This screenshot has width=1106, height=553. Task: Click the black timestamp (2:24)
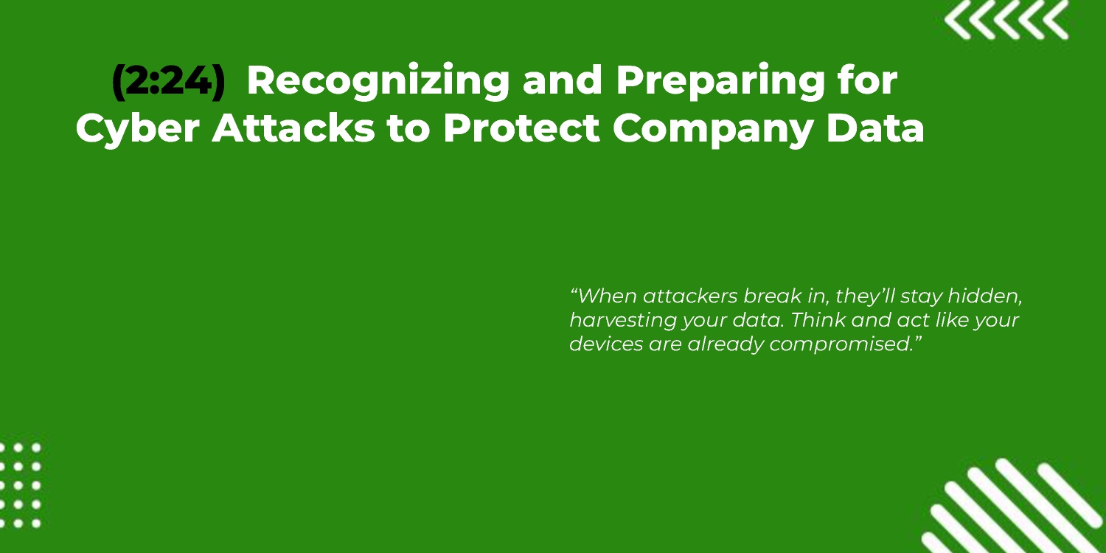[168, 81]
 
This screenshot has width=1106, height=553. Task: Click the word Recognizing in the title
[378, 82]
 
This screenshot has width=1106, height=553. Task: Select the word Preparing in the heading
[720, 82]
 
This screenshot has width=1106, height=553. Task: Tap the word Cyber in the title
[138, 129]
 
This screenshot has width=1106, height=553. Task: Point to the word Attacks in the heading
[293, 128]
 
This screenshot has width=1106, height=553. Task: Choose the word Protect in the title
[521, 128]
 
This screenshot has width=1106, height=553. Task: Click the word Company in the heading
[713, 129]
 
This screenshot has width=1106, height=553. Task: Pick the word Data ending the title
[875, 128]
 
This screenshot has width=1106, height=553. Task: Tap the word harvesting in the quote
[622, 321]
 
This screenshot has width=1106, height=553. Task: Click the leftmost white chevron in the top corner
[957, 21]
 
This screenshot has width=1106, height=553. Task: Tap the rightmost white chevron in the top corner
[1056, 21]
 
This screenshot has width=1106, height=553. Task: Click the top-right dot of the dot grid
[36, 448]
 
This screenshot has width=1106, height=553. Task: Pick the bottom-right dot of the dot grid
[36, 524]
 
